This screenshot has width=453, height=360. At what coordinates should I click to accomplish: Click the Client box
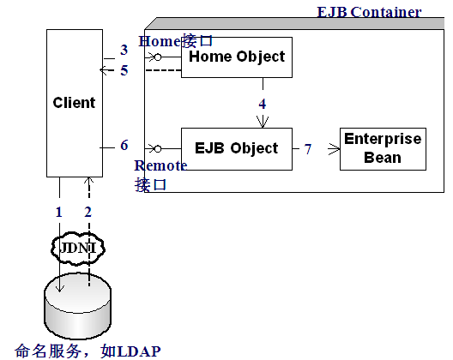click(x=75, y=103)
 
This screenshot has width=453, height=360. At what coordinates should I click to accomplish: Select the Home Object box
click(x=237, y=57)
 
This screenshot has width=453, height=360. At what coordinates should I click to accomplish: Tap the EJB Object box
click(x=237, y=149)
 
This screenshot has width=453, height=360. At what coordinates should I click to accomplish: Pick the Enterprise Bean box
click(x=383, y=149)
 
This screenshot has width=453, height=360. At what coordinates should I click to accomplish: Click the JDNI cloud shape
click(x=77, y=249)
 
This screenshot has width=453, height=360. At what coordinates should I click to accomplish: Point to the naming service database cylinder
click(x=77, y=306)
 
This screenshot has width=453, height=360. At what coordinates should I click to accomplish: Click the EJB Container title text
click(x=369, y=12)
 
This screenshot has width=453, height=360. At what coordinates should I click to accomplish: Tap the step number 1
click(x=59, y=213)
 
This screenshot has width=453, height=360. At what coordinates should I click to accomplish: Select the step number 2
click(x=88, y=213)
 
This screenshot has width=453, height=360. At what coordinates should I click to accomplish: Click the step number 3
click(x=124, y=50)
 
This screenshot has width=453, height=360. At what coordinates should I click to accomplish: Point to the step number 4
click(x=263, y=104)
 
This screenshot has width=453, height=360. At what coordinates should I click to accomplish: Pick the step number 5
click(x=124, y=70)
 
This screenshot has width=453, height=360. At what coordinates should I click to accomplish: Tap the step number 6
click(x=124, y=145)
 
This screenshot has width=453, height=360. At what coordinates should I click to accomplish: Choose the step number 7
click(x=308, y=149)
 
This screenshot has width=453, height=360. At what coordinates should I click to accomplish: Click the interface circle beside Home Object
click(x=158, y=57)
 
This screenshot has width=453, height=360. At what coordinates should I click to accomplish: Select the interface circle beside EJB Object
click(x=158, y=149)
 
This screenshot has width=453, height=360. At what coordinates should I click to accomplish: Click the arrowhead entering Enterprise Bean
click(x=335, y=149)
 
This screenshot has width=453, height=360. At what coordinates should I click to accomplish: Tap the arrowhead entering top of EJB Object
click(x=263, y=122)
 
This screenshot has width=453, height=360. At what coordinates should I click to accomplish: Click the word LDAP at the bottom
click(x=139, y=351)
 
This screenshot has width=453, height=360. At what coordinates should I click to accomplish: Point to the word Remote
click(x=161, y=165)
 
